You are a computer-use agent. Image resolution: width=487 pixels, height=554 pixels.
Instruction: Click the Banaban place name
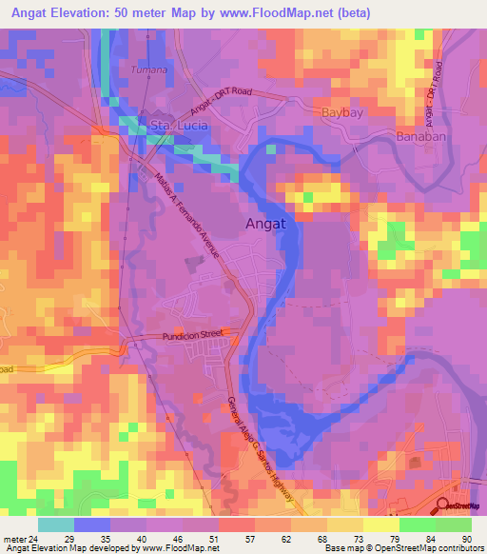click(x=419, y=135)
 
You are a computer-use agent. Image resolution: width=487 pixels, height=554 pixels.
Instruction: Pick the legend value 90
click(x=466, y=540)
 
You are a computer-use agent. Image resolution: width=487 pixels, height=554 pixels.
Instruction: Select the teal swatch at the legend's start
click(x=56, y=524)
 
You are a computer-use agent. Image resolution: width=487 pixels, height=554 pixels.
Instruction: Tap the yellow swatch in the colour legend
click(x=381, y=524)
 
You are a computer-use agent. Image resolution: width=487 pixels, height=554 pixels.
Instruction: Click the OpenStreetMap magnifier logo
click(x=442, y=504)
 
